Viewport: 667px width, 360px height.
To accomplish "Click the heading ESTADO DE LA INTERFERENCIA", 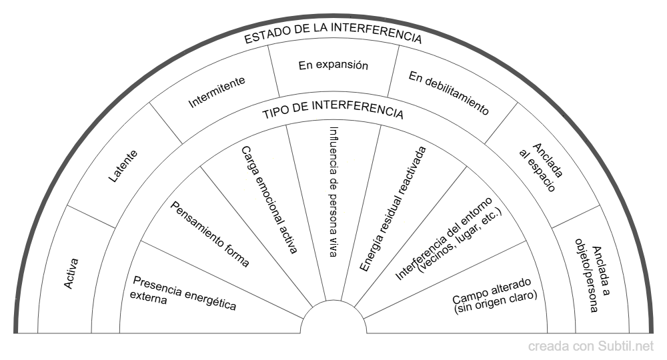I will [333, 38].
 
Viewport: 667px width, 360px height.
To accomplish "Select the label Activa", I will [71, 273].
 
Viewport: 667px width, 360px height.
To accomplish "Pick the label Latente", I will [122, 168].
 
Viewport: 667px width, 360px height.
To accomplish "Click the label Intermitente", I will [217, 92].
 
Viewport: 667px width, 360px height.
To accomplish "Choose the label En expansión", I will [333, 65].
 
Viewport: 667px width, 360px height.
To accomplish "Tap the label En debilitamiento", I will [449, 93].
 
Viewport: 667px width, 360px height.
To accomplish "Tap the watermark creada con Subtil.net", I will [591, 346].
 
